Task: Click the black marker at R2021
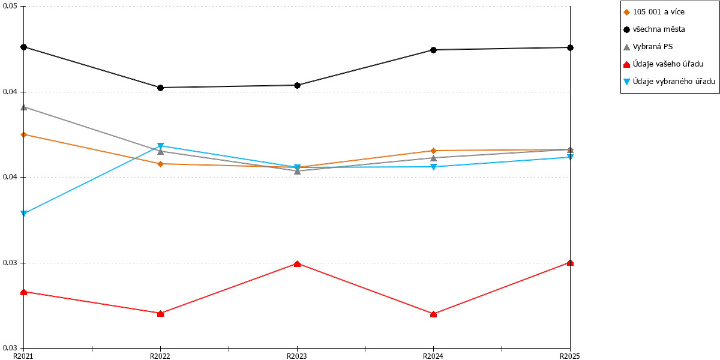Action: [24, 47]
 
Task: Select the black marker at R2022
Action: [161, 88]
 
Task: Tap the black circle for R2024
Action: [433, 50]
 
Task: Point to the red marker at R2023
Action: [298, 264]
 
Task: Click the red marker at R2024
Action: [433, 314]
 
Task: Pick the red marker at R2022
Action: [161, 313]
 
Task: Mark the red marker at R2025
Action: [570, 263]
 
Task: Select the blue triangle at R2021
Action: [24, 214]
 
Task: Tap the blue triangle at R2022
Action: [161, 146]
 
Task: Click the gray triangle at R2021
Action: [24, 107]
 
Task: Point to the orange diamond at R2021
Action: [24, 134]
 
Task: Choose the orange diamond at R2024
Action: [433, 151]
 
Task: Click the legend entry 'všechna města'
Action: [659, 29]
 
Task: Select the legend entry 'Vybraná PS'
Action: [653, 47]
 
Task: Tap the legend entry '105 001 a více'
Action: [659, 12]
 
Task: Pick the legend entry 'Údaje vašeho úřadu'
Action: [668, 64]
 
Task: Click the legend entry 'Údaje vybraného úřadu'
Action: [674, 82]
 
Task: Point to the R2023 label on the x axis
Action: [297, 356]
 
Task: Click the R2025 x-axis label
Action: [570, 356]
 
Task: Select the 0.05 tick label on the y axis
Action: [10, 7]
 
